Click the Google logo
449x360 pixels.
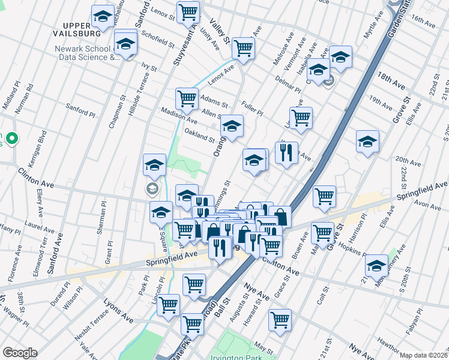pos(20,353)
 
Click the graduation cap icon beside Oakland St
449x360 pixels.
pos(232,126)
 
